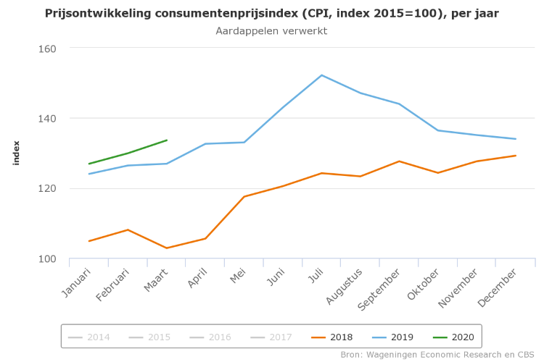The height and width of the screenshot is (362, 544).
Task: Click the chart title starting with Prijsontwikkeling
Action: [271, 14]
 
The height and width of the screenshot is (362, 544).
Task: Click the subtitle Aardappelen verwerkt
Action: [271, 31]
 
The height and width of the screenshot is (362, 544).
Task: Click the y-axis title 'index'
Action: [17, 153]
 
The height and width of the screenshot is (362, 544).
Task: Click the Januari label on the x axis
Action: [77, 282]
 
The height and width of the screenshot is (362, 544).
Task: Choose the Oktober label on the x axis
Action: [424, 283]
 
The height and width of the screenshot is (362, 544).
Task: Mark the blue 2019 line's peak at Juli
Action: [321, 75]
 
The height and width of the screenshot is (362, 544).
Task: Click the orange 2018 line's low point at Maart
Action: [167, 248]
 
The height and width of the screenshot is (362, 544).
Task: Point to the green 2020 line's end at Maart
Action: [167, 140]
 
